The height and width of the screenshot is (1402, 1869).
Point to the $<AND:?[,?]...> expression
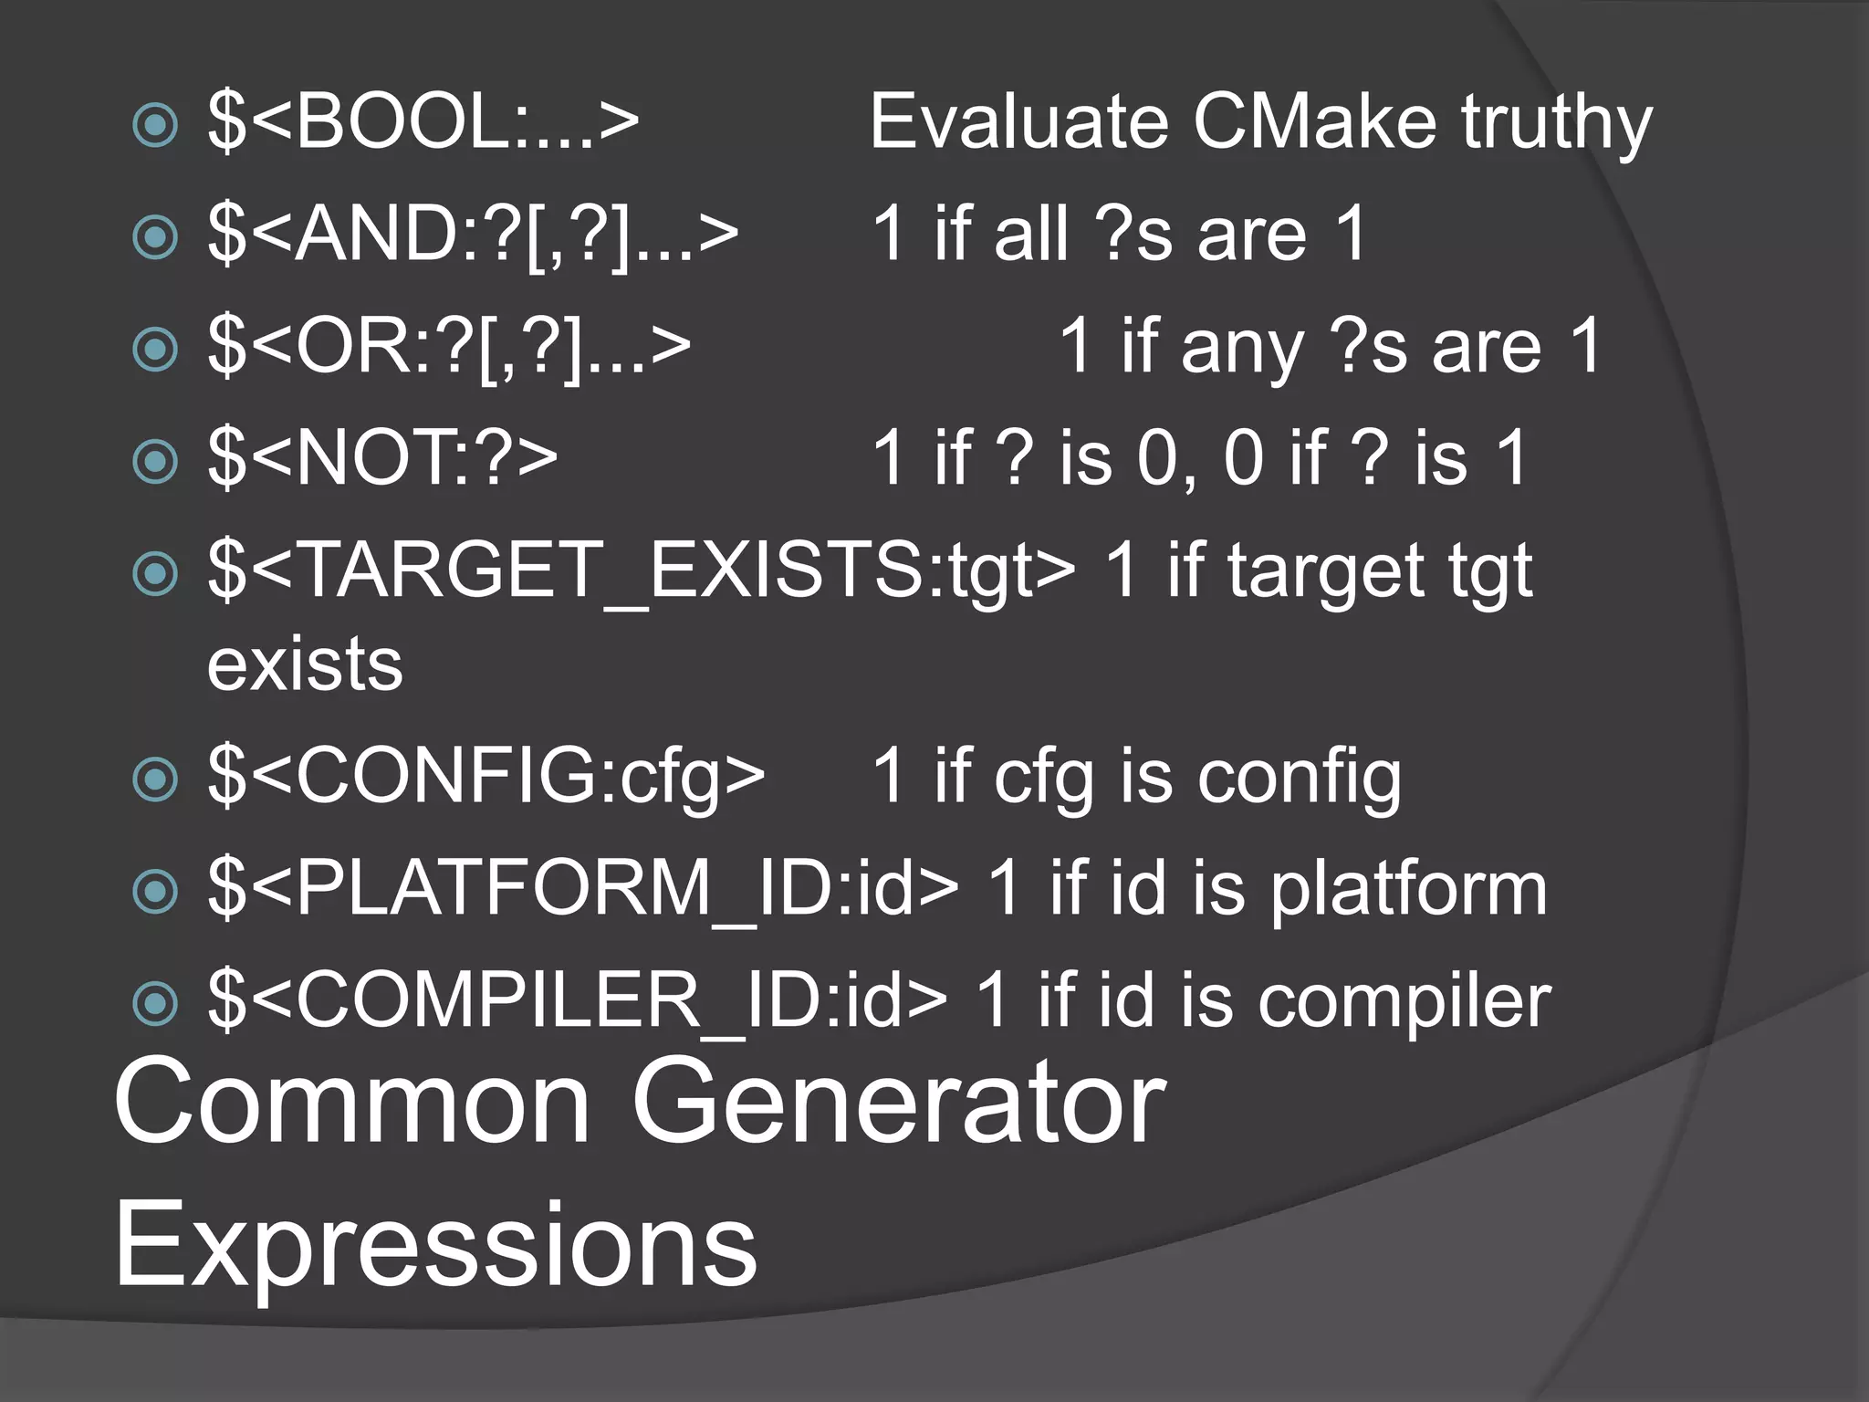point(473,234)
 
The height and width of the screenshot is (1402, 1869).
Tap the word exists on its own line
point(305,664)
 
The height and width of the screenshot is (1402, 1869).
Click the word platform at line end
point(1409,890)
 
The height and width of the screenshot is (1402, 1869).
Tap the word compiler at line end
point(1404,1001)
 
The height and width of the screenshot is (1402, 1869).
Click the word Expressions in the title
point(435,1245)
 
